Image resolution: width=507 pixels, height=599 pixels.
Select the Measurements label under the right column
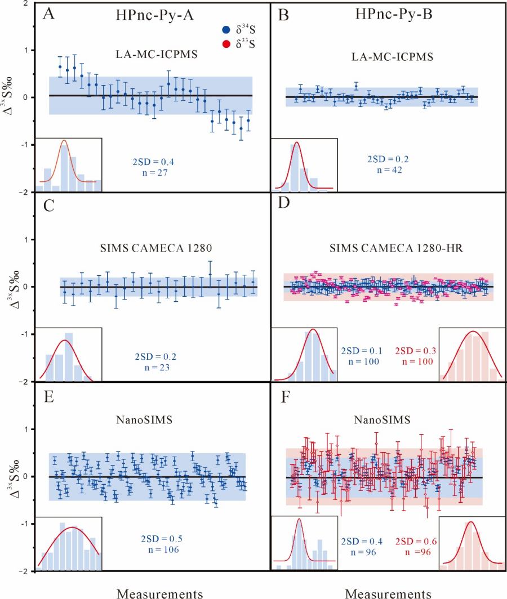click(x=388, y=593)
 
